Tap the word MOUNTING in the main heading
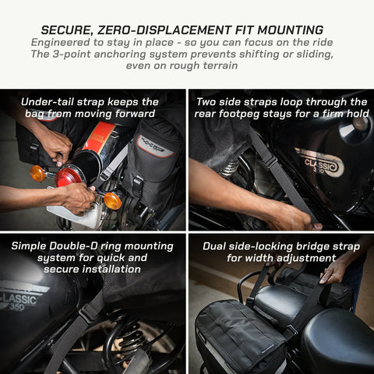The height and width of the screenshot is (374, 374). (x=291, y=30)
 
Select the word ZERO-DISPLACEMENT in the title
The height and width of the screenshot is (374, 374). (x=164, y=30)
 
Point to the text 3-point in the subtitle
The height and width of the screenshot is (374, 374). (x=72, y=55)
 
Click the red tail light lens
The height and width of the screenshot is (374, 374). (x=69, y=177)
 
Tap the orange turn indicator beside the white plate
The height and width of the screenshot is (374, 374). (x=112, y=200)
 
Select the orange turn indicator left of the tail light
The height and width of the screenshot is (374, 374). (x=38, y=174)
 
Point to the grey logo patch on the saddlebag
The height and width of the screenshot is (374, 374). (x=156, y=146)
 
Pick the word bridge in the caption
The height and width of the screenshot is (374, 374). (x=313, y=247)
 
